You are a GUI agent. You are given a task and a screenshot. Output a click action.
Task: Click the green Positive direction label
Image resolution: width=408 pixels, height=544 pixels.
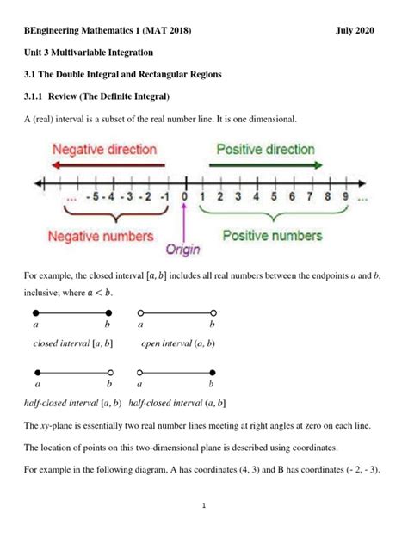click(265, 149)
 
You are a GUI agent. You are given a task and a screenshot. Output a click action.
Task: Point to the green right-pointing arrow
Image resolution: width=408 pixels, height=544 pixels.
click(265, 164)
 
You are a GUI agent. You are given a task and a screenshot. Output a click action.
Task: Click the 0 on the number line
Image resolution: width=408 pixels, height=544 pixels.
click(184, 196)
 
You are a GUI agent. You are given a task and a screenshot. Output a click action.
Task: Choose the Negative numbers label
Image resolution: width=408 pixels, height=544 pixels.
click(101, 235)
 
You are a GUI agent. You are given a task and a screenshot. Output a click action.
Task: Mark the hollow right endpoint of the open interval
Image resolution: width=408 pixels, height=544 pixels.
click(213, 312)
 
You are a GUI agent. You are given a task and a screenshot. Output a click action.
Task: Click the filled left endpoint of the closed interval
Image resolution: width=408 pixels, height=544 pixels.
click(36, 312)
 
